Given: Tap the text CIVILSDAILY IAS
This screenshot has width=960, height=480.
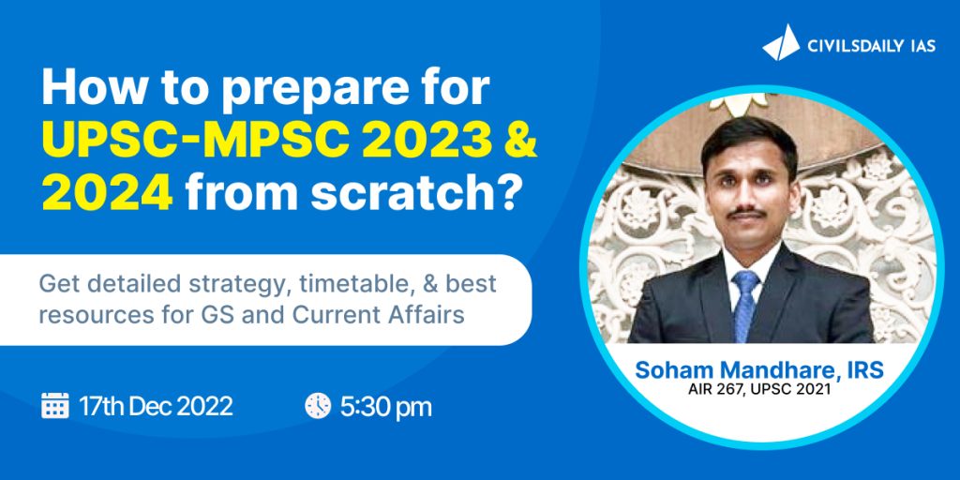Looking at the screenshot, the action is (872, 45).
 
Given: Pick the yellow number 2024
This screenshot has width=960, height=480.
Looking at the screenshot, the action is (108, 194).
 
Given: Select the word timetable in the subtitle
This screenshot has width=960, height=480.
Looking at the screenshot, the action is (302, 285).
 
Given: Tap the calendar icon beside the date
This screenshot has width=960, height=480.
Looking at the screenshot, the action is (55, 406).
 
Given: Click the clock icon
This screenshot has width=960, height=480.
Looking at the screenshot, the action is (318, 406).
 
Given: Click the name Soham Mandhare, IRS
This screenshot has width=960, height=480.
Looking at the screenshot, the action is (759, 370).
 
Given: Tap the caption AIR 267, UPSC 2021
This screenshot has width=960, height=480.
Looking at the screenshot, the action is (759, 390).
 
